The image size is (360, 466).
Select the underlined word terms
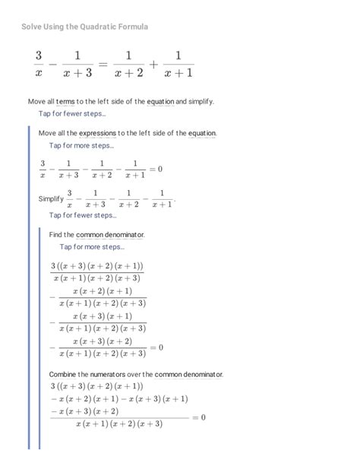[x=66, y=101]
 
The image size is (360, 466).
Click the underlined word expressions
[x=103, y=133]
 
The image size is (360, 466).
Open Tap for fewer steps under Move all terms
[x=73, y=114]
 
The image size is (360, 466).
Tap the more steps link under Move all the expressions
[x=81, y=145]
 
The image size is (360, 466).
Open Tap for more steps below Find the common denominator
[x=92, y=246]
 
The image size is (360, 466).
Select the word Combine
[x=63, y=375]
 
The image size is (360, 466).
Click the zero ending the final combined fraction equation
[x=203, y=417]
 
